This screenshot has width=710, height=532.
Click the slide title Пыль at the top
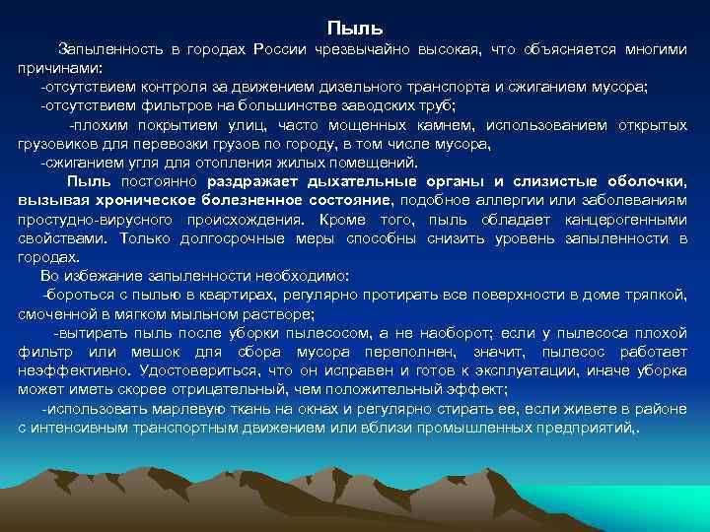(x=354, y=27)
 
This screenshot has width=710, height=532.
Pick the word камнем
(x=434, y=125)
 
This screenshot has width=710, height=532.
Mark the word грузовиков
(x=55, y=144)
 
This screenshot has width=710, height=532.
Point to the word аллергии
(x=450, y=201)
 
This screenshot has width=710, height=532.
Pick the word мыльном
(x=189, y=314)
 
